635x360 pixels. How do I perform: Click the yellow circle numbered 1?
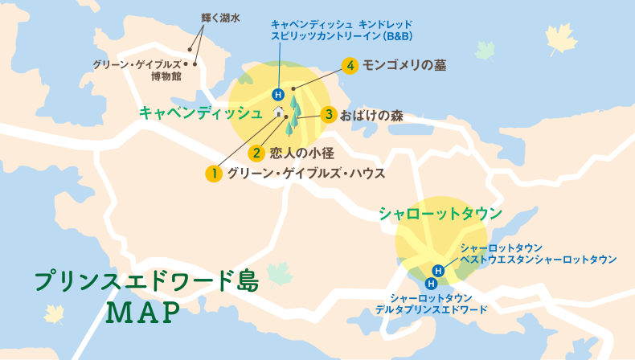[213, 173]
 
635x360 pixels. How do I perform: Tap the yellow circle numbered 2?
[256, 152]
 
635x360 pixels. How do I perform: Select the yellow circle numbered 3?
[327, 115]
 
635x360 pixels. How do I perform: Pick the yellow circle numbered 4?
[349, 66]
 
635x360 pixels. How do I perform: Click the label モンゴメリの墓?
[404, 66]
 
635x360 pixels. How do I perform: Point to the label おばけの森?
[371, 115]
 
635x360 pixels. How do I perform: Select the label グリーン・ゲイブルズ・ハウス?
[306, 173]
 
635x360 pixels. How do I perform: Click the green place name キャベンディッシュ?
[201, 112]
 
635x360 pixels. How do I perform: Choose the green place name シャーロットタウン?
[440, 214]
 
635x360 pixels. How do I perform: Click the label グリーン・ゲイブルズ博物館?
[142, 70]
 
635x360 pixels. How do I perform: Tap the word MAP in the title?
[145, 313]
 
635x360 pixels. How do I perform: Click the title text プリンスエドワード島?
[146, 281]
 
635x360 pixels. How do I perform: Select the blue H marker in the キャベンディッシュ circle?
[278, 93]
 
